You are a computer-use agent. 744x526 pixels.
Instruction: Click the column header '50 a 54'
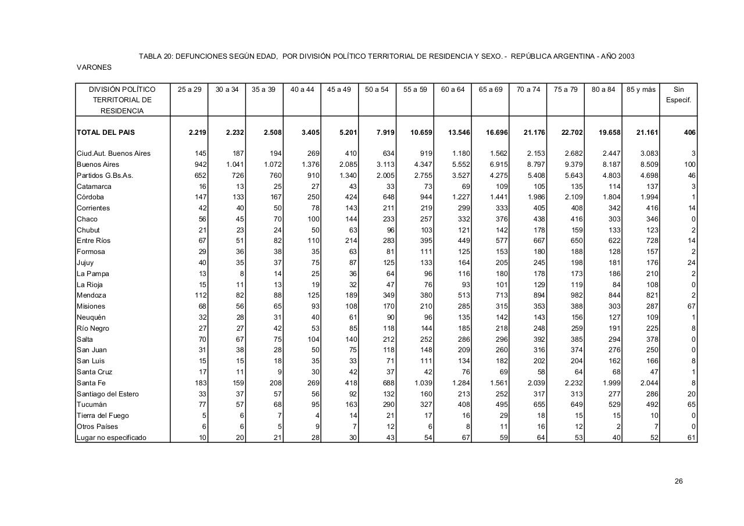pos(377,90)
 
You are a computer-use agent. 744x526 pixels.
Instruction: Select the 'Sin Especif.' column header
pos(678,95)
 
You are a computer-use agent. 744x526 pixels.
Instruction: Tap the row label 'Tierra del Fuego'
pos(103,416)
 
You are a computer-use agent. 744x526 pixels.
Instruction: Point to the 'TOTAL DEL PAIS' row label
pos(105,133)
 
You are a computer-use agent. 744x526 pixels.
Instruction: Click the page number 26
pos(678,481)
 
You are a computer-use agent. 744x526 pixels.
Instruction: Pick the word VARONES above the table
pos(94,67)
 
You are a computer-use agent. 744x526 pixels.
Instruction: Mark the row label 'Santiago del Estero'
pos(108,394)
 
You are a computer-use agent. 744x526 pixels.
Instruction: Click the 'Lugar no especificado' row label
pos(112,438)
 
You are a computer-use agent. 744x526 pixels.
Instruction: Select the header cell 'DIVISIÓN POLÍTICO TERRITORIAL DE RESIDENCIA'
pos(122,100)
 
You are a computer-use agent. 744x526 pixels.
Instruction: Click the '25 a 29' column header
pos(189,90)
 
